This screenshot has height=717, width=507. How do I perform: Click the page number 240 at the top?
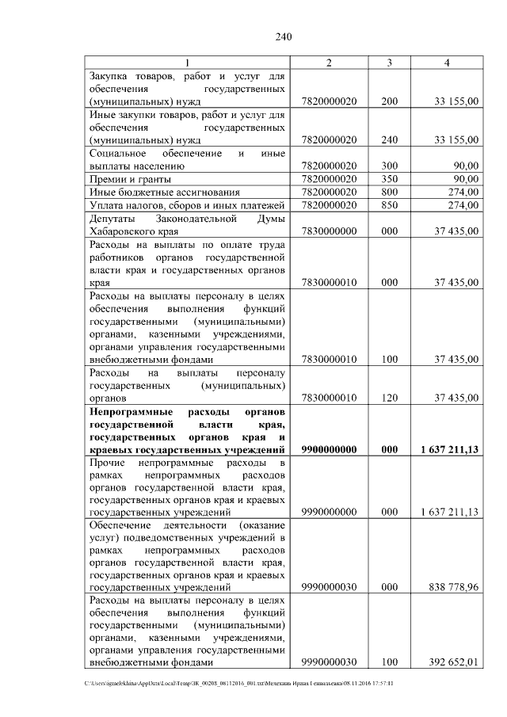tap(285, 36)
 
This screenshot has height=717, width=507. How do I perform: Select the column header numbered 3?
tap(389, 63)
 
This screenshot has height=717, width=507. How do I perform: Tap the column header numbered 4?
tap(448, 63)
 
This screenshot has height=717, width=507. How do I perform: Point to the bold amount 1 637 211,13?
tap(449, 449)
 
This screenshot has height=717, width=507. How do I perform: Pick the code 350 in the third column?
tap(389, 179)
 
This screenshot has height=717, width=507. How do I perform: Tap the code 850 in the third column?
tap(389, 205)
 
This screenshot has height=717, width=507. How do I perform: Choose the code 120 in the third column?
tap(389, 397)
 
